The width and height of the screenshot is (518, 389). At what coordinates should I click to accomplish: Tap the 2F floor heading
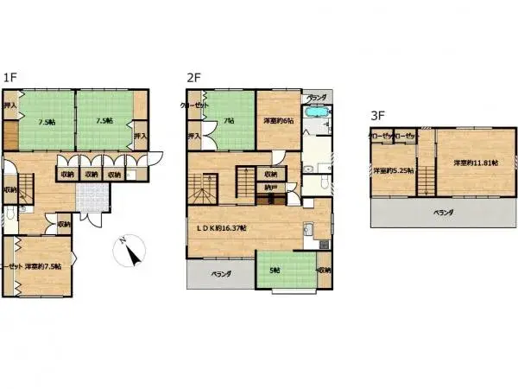tap(193, 77)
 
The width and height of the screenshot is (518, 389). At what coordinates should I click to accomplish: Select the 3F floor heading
tap(377, 113)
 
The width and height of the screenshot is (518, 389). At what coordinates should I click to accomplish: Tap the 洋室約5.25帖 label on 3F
tap(392, 170)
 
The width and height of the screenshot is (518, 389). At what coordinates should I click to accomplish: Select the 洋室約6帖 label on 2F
tap(278, 121)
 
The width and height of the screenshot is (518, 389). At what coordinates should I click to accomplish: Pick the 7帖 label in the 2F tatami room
tap(230, 121)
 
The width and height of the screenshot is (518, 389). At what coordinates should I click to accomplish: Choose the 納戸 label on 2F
tap(271, 187)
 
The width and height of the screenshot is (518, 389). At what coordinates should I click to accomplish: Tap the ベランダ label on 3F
tap(444, 211)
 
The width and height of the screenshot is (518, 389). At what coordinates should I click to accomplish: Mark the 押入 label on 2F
tap(194, 137)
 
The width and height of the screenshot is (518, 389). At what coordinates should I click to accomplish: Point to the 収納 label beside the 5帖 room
tap(324, 271)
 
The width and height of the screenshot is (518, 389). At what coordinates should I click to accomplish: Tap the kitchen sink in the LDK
tap(307, 230)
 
